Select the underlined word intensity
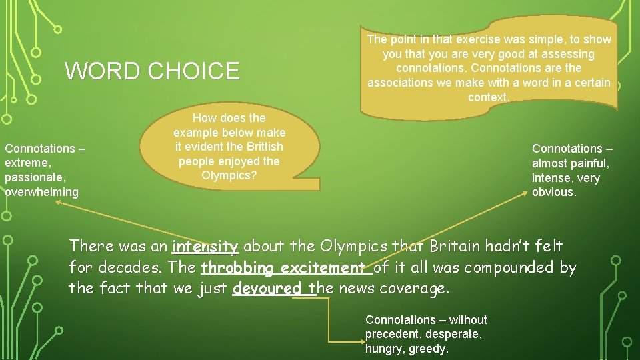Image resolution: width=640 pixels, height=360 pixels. (x=205, y=247)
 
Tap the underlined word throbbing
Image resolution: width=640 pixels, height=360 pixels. (x=238, y=268)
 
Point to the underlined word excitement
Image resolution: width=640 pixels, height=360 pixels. (x=323, y=268)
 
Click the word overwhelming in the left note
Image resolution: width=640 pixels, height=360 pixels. (x=42, y=192)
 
